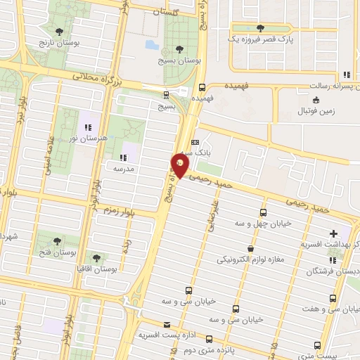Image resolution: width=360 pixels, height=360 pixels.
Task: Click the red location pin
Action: [x=180, y=165]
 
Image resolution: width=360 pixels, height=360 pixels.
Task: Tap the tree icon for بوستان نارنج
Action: [x=58, y=31]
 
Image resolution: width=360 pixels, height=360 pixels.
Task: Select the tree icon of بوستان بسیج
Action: [x=179, y=49]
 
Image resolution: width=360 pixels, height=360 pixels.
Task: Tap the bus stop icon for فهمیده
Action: [x=202, y=89]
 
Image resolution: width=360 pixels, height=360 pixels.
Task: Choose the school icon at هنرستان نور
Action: [x=88, y=127]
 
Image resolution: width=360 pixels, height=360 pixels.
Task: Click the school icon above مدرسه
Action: [x=124, y=157]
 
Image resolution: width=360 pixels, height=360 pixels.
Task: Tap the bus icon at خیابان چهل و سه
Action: [x=263, y=212]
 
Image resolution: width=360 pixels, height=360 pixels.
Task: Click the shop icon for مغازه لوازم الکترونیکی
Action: [x=251, y=248]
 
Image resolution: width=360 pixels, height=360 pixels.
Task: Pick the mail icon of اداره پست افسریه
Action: [x=167, y=324]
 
